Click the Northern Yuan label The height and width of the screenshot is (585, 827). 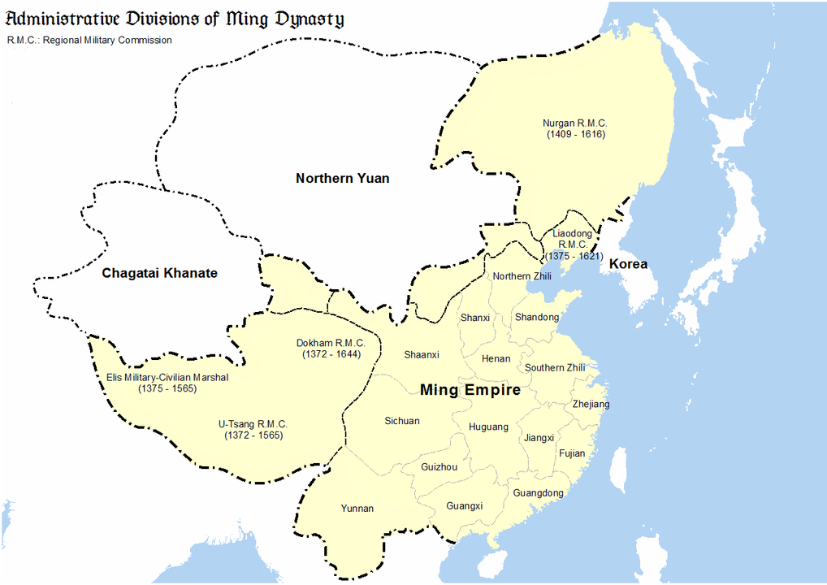[342, 179]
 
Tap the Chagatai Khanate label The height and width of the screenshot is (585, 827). [159, 273]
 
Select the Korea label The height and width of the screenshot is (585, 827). [629, 264]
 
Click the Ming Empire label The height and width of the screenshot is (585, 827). [470, 390]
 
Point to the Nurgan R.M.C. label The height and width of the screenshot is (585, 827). [575, 123]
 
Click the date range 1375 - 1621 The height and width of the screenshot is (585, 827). [572, 256]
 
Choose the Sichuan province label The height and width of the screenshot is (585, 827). [402, 421]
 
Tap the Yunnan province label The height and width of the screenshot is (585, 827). [357, 509]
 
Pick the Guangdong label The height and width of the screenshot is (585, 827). [538, 493]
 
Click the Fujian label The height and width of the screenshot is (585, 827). [572, 453]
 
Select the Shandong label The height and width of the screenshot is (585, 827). [537, 318]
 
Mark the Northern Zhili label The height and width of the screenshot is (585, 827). [522, 276]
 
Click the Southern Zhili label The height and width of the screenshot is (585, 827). [555, 368]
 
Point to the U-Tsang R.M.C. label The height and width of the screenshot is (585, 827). [253, 424]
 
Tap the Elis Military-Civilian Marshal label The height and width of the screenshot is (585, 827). [167, 377]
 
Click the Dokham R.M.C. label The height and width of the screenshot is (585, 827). [331, 343]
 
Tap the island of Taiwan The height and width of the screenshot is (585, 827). [620, 472]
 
